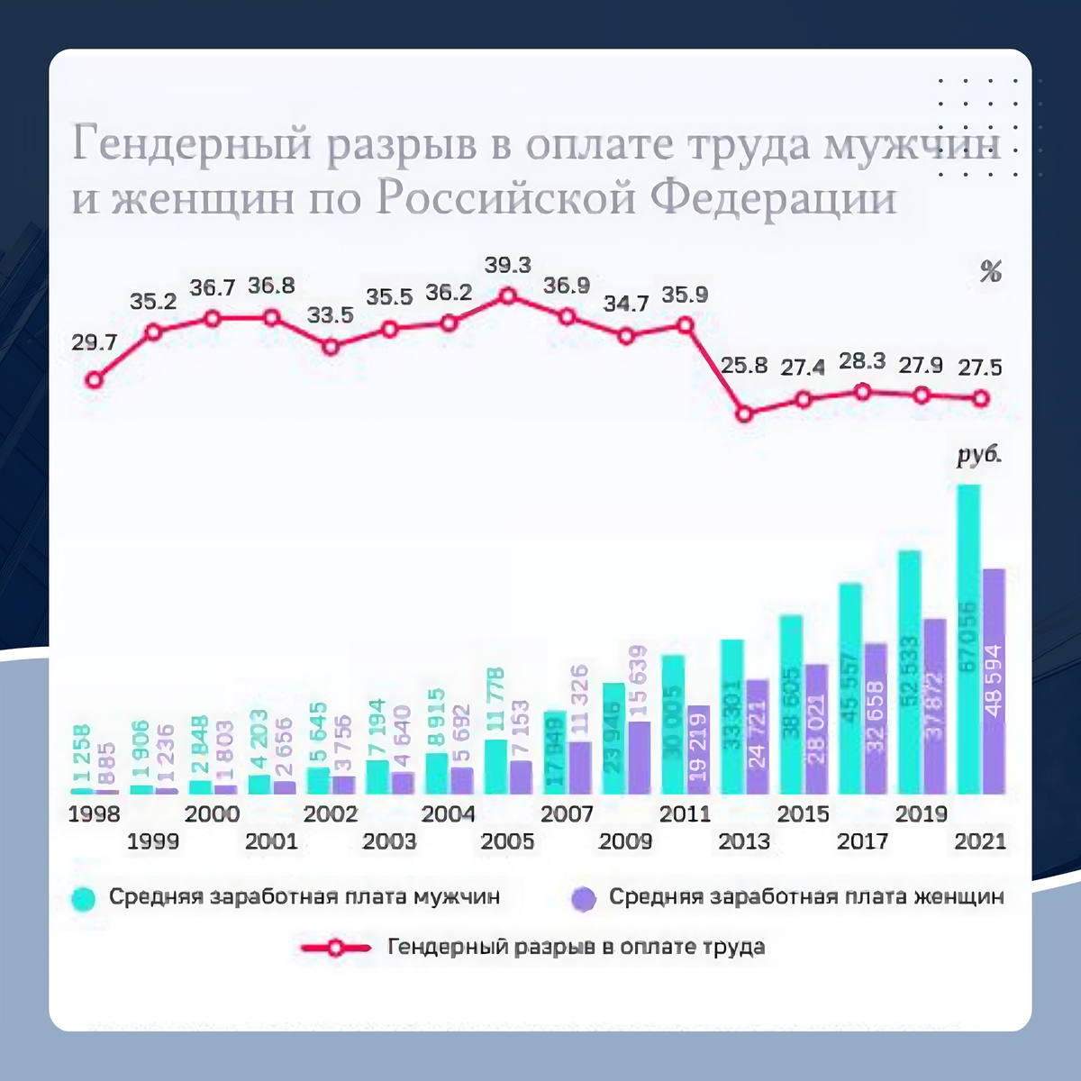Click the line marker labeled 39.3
pos(508,295)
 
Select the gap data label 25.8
pos(744,365)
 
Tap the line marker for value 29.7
pos(94,380)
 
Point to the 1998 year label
pos(94,814)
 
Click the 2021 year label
pos(980,841)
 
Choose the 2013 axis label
pos(744,841)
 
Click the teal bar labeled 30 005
pos(673,724)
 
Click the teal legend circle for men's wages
pos(83,899)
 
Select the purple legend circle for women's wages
pos(584,899)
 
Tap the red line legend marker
pos(335,948)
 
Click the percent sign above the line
pos(991,271)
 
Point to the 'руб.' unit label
pos(979,455)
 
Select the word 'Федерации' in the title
pos(773,198)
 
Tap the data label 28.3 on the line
pos(862,361)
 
